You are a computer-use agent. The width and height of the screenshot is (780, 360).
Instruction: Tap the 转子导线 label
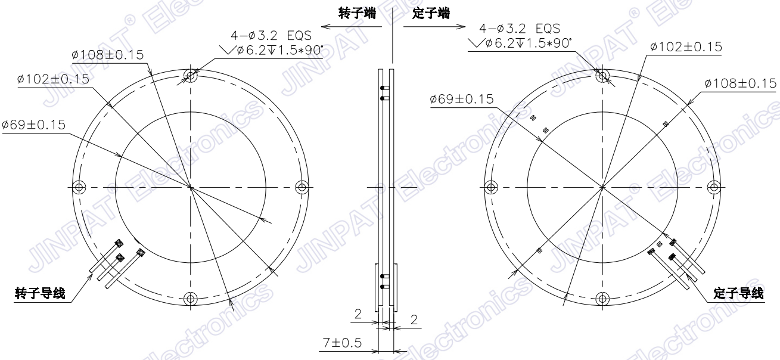click(39, 294)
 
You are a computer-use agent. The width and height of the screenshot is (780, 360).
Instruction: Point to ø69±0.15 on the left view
click(33, 125)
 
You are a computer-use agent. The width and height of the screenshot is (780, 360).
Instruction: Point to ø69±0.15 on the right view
click(461, 99)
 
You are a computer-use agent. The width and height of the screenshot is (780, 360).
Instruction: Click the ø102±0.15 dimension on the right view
click(685, 46)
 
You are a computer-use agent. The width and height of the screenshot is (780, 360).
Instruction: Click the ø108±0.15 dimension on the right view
click(740, 83)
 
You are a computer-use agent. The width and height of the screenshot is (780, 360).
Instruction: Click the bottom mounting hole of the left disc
click(191, 299)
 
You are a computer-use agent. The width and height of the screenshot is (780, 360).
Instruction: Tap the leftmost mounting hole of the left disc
click(79, 187)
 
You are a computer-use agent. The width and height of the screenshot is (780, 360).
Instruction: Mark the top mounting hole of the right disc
click(602, 75)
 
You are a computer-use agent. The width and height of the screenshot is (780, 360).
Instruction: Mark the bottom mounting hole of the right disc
click(602, 299)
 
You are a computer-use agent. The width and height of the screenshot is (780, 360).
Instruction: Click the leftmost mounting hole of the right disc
click(490, 187)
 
